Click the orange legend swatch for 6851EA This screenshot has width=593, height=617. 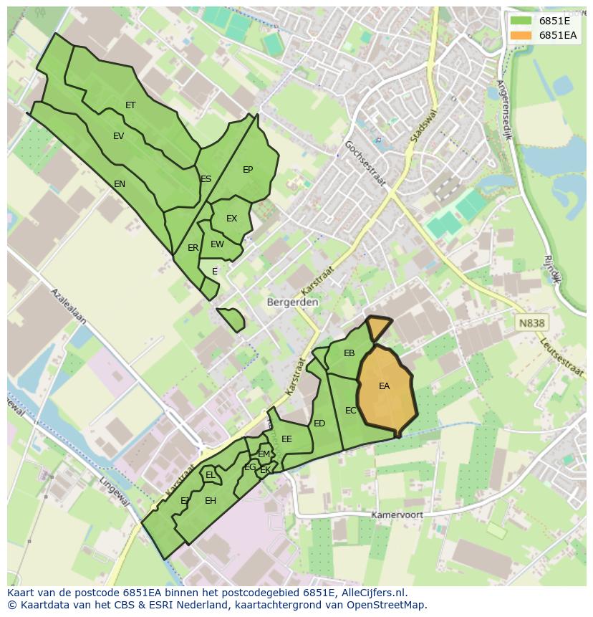[x=521, y=35]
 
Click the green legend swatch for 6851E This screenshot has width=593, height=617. [x=521, y=21]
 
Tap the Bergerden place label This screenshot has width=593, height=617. [x=292, y=302]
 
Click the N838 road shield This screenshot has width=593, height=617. [x=531, y=323]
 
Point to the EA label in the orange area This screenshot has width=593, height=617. [x=385, y=386]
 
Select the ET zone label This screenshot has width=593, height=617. [x=130, y=105]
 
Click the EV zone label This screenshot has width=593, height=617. [x=119, y=136]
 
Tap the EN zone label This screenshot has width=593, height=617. [x=120, y=184]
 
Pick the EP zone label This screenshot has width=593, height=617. [x=248, y=170]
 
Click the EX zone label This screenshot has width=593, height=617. [x=231, y=219]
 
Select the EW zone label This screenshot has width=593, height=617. [x=218, y=244]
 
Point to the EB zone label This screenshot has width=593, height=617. [x=349, y=353]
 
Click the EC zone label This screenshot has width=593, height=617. [x=351, y=411]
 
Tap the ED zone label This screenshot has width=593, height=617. [x=319, y=424]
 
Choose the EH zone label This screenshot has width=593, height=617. [x=211, y=501]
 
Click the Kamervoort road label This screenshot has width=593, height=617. [x=397, y=515]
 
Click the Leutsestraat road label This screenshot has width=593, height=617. [x=563, y=357]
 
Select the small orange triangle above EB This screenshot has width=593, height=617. [x=377, y=327]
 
